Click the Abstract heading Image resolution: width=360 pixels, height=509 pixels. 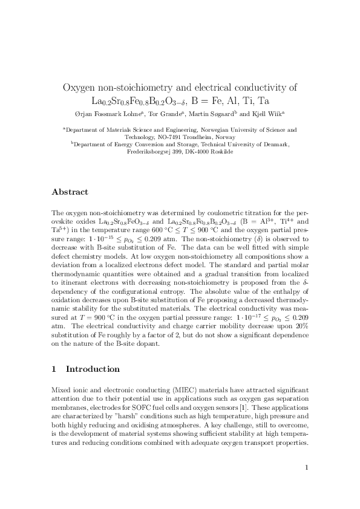tap(70, 192)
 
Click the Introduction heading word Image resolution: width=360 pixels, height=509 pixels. tap(93, 369)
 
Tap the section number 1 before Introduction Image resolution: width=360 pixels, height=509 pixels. tap(54, 369)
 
